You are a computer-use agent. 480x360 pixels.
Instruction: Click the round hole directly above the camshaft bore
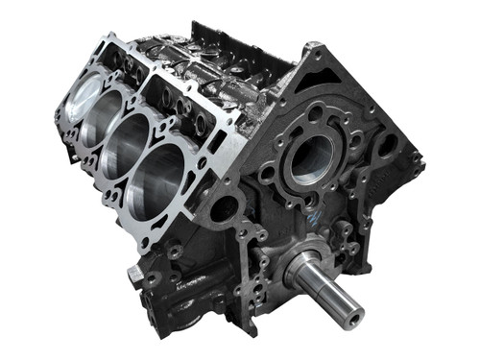click(x=315, y=113)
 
